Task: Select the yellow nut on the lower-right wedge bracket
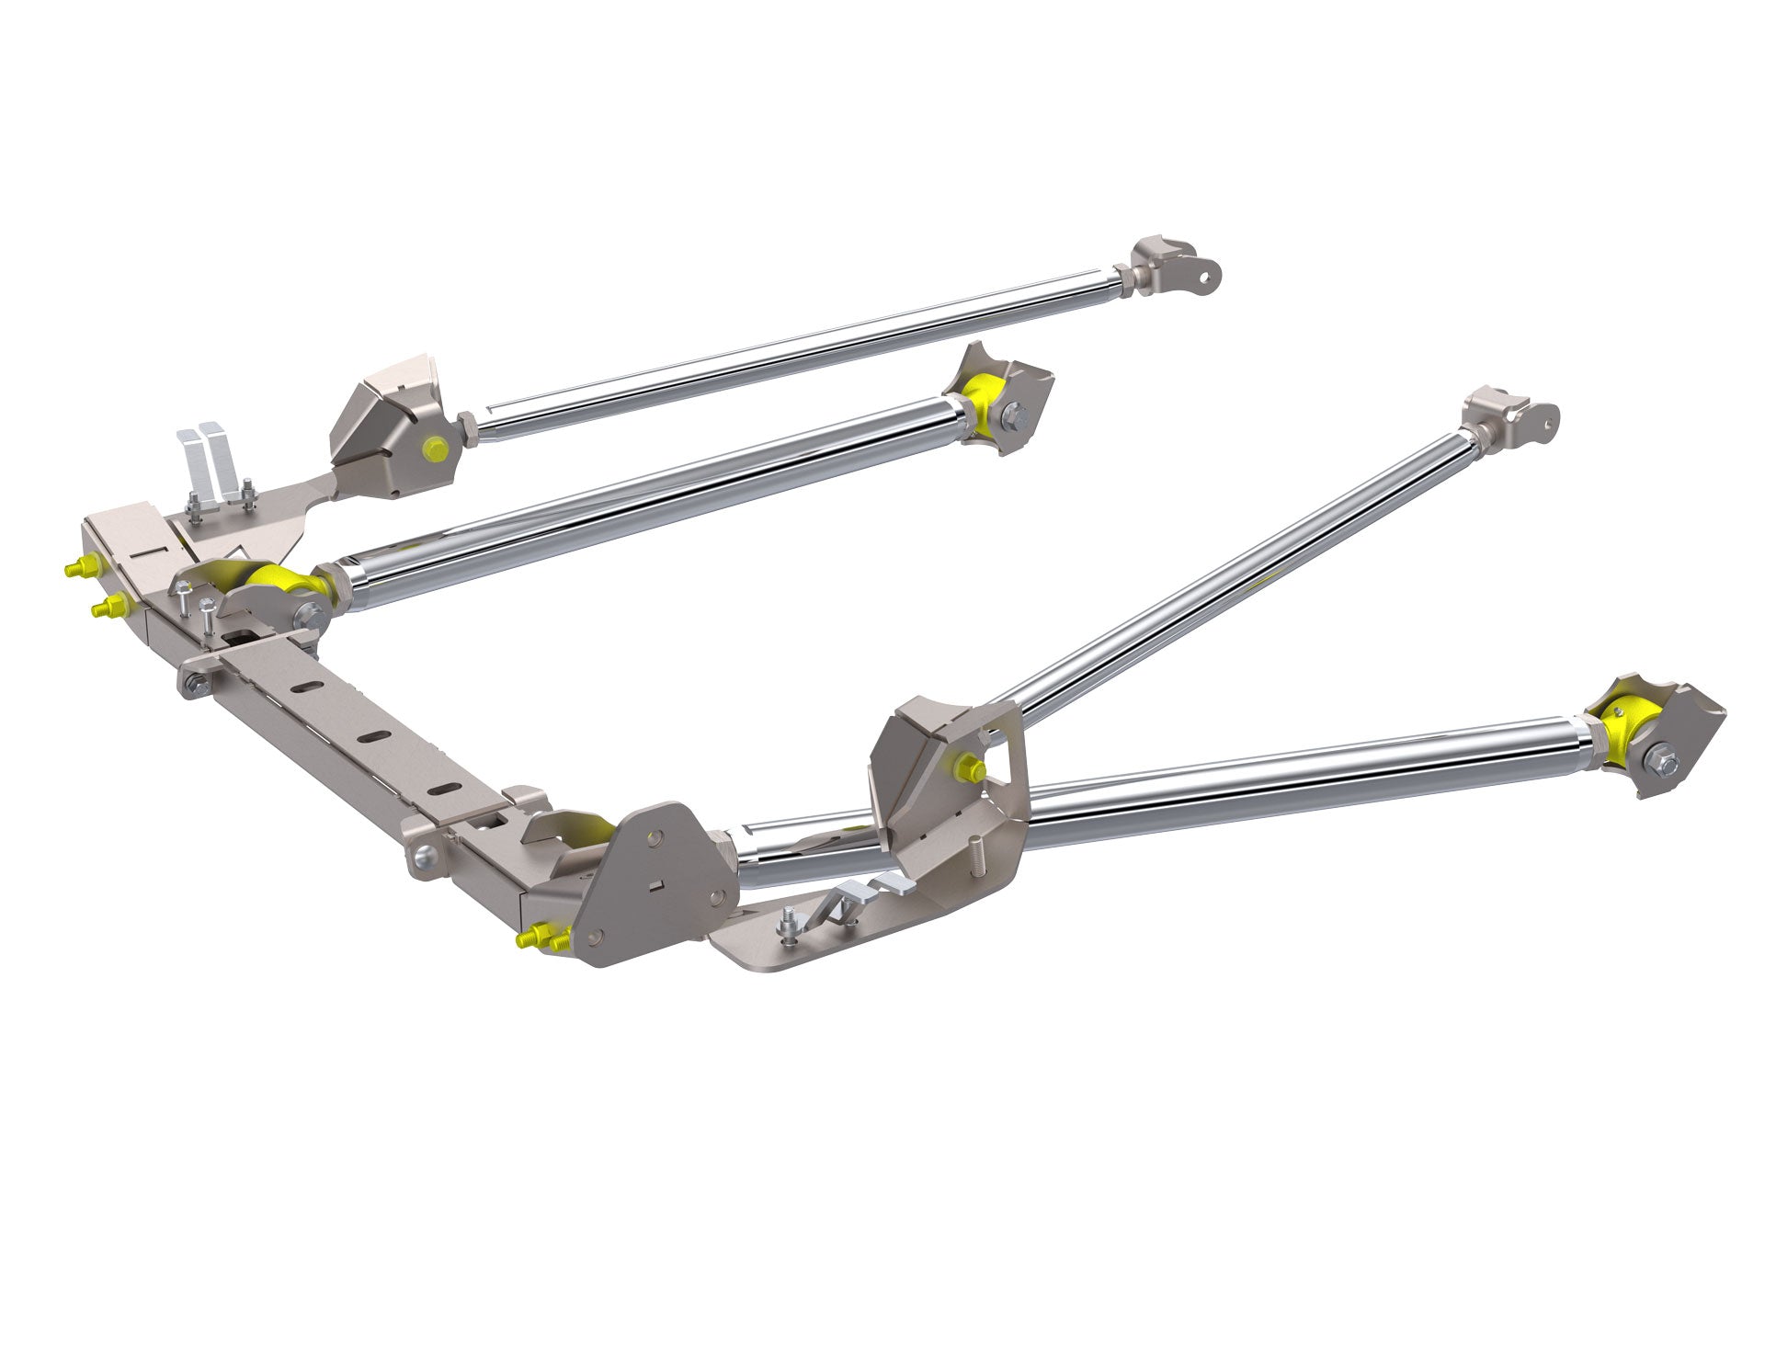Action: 969,768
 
